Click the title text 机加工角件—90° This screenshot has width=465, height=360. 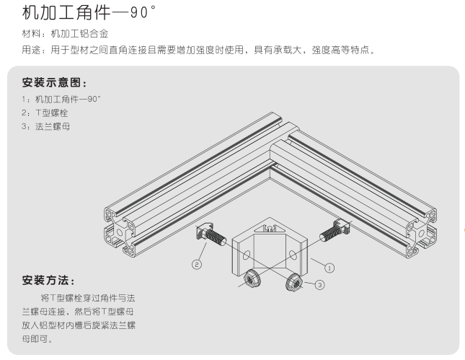coord(89,13)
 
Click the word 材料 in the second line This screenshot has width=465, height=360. coord(31,34)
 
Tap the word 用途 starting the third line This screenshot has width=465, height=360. coord(31,51)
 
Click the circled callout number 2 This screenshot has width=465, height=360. coord(195,265)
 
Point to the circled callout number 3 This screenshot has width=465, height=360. coord(320,285)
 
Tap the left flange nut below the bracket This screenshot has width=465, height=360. coord(252,277)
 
